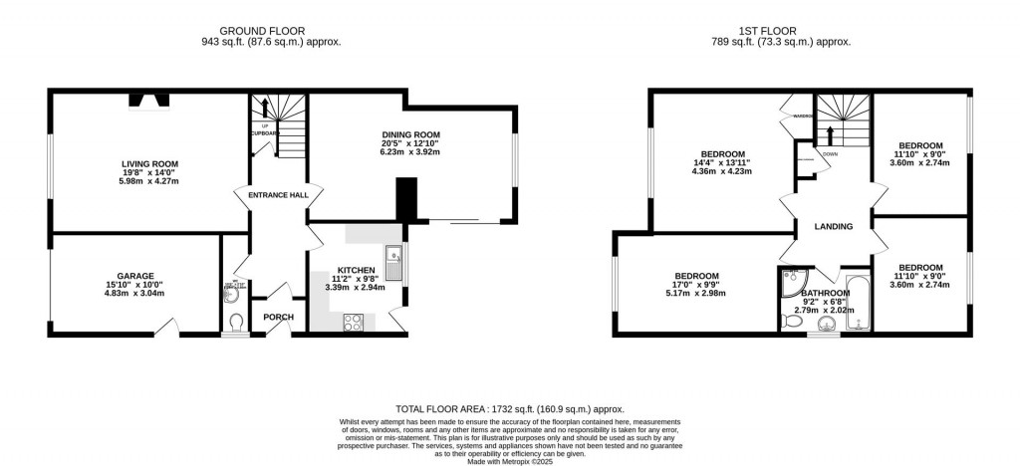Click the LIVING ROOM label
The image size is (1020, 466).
tap(149, 163)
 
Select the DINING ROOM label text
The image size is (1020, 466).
tap(409, 134)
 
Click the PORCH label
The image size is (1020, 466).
tap(277, 318)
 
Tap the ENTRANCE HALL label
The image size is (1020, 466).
tap(277, 195)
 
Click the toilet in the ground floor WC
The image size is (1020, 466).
tap(235, 322)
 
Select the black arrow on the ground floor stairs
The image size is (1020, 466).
tap(266, 107)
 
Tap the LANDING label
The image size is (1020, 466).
tap(833, 227)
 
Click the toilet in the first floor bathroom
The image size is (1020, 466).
tap(826, 323)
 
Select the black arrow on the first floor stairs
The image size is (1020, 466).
tap(831, 133)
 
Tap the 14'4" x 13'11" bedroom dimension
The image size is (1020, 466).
tap(722, 163)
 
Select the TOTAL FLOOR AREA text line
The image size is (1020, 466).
tap(509, 408)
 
